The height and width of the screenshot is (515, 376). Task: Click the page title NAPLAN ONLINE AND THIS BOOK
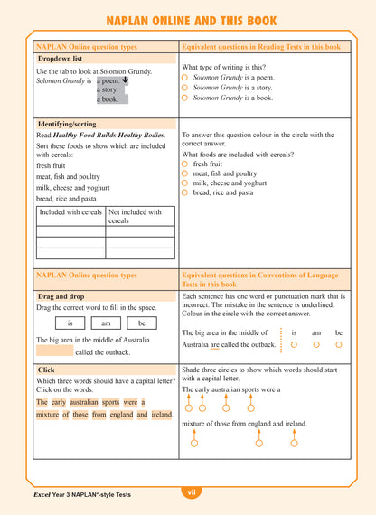click(x=187, y=20)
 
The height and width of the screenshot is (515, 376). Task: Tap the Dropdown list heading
click(x=61, y=58)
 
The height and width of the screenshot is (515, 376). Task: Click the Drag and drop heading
click(x=61, y=295)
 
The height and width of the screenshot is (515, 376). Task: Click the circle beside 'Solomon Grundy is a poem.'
click(x=184, y=78)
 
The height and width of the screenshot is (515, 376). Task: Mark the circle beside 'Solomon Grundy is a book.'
click(x=184, y=98)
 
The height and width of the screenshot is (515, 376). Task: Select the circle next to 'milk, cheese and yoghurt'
click(x=184, y=183)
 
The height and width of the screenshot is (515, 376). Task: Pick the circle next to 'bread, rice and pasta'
click(x=184, y=192)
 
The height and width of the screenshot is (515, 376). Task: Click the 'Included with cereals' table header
click(x=70, y=212)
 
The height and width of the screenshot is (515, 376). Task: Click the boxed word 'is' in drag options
click(x=70, y=323)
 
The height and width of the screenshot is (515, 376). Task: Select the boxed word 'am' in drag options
click(x=106, y=323)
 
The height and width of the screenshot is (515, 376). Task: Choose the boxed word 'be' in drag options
click(x=141, y=323)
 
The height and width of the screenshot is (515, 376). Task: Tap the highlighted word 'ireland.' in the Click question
click(x=162, y=415)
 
